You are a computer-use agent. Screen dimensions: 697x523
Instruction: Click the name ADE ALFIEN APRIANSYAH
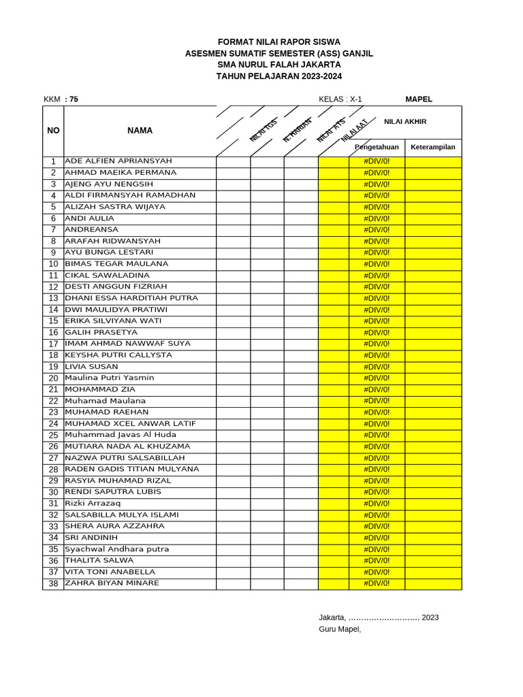118,161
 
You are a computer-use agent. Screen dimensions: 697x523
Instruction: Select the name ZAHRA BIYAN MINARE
112,583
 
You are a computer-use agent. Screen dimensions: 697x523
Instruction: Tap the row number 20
53,378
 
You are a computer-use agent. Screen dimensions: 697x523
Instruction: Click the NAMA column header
140,131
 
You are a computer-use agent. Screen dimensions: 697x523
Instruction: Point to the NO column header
53,131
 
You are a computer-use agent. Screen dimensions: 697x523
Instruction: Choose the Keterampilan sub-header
433,147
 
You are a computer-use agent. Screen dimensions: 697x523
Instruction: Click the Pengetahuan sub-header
377,147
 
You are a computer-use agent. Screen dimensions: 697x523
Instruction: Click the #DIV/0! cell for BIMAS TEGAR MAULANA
377,264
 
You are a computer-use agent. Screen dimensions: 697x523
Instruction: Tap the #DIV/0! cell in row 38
377,584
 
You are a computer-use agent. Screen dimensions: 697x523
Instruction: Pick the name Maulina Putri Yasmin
110,378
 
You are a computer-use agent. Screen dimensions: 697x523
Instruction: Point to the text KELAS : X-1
340,99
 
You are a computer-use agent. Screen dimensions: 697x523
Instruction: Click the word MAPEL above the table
419,99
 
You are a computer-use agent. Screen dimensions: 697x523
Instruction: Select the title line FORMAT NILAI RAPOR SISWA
279,42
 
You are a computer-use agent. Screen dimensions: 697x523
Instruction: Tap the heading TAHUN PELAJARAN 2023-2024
279,76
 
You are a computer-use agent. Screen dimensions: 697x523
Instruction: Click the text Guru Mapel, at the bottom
340,629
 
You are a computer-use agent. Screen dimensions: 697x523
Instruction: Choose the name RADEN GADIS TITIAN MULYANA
132,469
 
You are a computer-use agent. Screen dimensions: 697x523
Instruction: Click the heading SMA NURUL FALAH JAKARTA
279,65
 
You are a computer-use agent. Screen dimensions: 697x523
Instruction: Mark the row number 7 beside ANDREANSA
53,230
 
